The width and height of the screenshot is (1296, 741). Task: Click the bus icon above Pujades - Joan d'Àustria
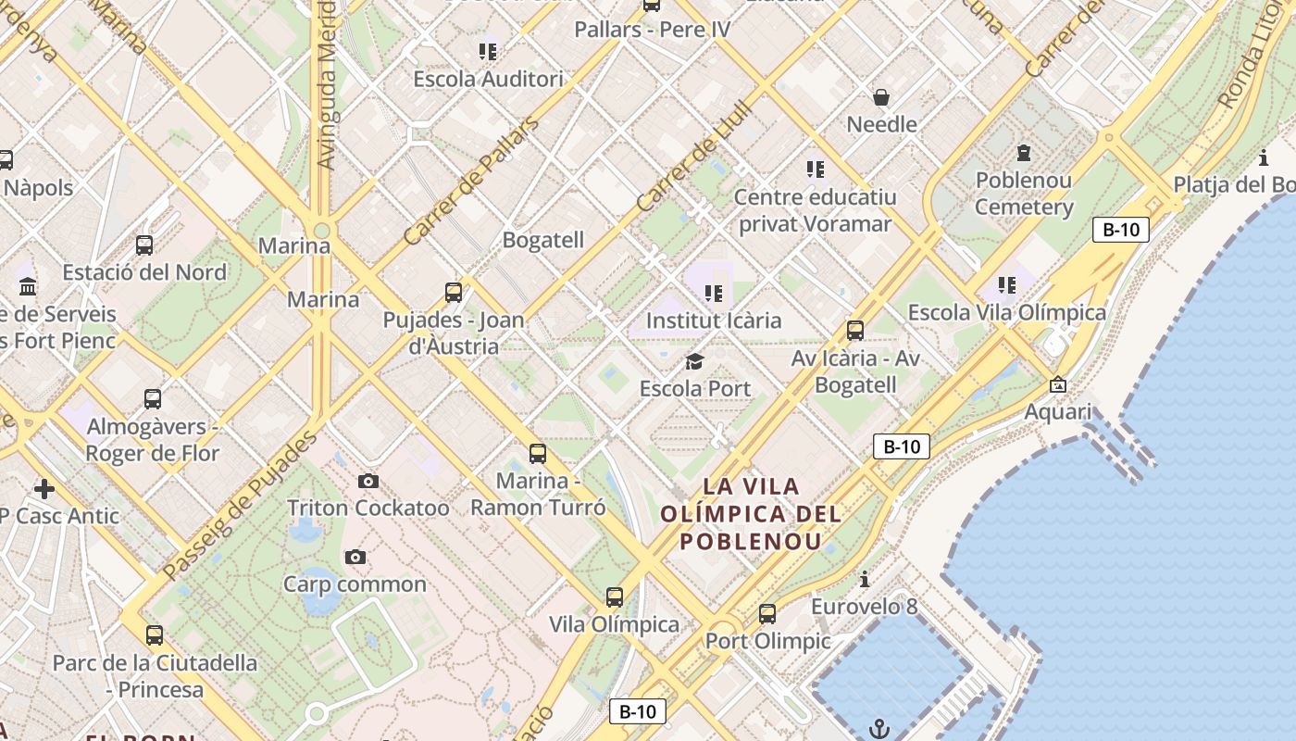pos(454,293)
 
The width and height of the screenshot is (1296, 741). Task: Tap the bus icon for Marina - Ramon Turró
pos(538,454)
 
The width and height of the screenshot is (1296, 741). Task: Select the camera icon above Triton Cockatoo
pos(368,481)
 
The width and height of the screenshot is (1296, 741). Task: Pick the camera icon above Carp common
pos(355,557)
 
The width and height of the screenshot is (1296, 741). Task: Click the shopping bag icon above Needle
pos(881,96)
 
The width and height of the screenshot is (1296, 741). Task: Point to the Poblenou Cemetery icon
pos(1024,153)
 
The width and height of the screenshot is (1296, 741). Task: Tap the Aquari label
pos(1058,411)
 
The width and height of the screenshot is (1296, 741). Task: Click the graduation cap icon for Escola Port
pos(695,361)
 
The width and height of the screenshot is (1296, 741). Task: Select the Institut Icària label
pos(714,320)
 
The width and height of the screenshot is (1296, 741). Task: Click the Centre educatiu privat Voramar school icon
pos(816,169)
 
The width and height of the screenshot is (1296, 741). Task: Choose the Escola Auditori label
pos(488,79)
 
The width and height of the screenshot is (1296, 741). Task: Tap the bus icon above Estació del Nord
pos(144,245)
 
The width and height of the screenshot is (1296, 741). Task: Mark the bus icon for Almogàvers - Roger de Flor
pos(153,399)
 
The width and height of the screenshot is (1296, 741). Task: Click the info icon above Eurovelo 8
pos(865,580)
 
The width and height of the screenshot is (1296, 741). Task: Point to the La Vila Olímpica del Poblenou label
pos(751,513)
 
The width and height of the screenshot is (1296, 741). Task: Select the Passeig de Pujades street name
pos(239,506)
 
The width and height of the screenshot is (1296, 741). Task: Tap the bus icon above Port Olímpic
pos(767,613)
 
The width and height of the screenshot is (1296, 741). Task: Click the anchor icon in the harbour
pos(879,729)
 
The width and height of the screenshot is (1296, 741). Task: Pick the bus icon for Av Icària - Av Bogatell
pos(855,331)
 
